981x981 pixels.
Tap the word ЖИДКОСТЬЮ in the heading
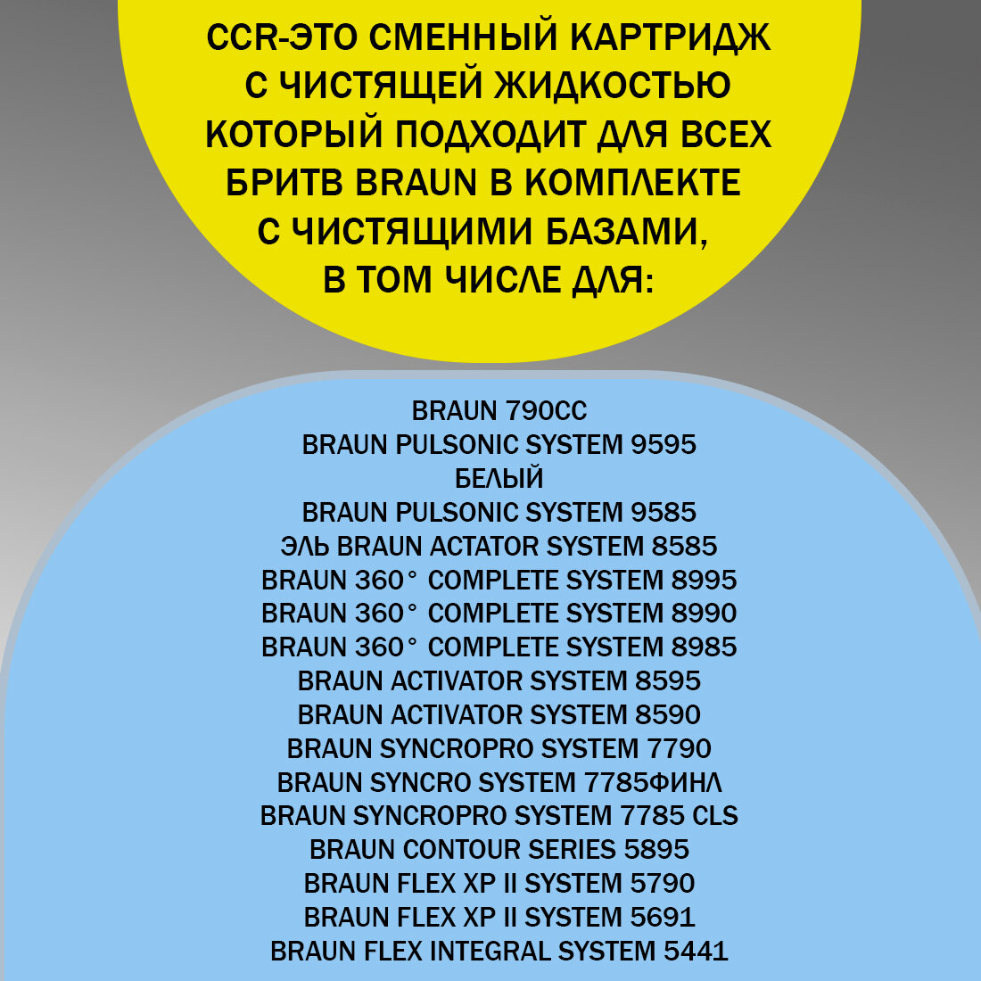pos(611,87)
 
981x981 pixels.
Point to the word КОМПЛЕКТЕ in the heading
pos(632,183)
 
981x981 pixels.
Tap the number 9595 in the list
pos(664,445)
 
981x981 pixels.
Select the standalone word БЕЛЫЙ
pos(499,479)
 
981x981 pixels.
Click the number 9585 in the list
pos(664,513)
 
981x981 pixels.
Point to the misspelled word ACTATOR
pos(485,546)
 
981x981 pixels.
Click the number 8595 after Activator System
pos(667,681)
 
